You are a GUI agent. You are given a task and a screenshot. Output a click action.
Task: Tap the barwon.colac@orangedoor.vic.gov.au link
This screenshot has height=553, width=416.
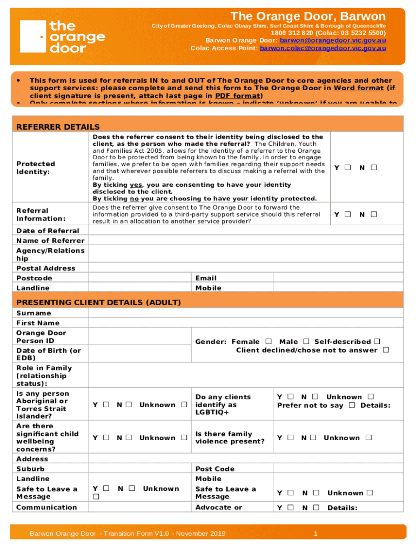point(323,48)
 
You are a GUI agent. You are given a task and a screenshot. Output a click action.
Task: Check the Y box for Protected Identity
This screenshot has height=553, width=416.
point(348,168)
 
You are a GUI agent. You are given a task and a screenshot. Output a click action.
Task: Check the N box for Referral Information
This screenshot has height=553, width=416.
point(373,214)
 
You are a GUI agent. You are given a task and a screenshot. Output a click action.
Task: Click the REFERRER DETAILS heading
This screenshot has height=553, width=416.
point(58,127)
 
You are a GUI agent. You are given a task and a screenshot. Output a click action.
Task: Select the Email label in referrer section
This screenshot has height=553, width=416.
point(206,278)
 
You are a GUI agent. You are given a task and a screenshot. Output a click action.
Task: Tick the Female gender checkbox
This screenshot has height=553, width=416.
point(269,341)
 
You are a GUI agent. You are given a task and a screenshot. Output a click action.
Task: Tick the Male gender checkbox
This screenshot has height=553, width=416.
point(306,341)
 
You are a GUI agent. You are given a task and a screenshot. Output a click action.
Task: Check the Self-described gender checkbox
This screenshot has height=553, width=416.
point(377,341)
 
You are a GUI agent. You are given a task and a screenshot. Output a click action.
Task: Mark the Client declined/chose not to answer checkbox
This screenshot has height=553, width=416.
point(386,350)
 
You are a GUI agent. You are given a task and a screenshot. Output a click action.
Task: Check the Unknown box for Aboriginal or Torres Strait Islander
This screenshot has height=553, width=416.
point(184,405)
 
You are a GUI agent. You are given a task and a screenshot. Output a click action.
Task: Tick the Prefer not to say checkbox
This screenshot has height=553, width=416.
point(352,405)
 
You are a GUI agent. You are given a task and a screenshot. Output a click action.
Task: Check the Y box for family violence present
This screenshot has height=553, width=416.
point(291,438)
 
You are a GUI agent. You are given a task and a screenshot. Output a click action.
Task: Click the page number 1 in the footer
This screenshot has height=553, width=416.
point(316,534)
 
